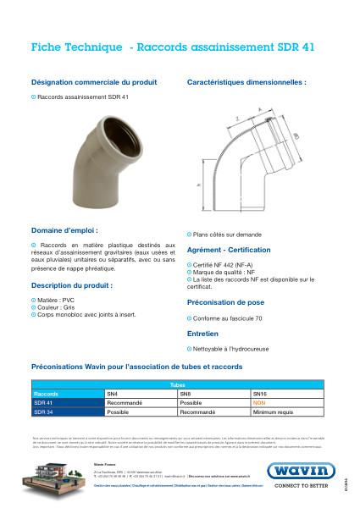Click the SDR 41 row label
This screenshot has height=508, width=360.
[42, 402]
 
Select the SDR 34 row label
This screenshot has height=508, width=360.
[42, 411]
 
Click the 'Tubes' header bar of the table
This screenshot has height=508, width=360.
[177, 385]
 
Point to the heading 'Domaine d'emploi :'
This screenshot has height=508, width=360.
[64, 229]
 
